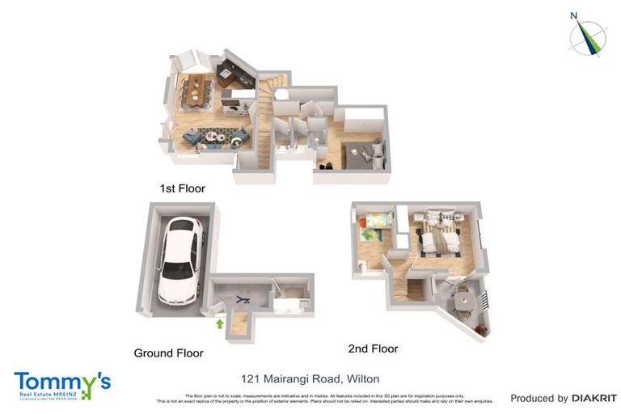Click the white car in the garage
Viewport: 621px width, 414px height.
(180, 260)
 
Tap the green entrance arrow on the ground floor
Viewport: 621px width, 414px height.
(218, 324)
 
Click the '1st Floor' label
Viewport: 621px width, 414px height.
(182, 188)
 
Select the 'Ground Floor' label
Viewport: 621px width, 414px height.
(168, 353)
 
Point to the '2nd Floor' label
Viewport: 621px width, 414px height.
(373, 349)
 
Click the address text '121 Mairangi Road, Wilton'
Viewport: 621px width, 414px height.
(310, 378)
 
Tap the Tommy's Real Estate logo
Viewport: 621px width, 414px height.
(61, 384)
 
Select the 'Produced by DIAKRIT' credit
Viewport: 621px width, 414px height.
(563, 398)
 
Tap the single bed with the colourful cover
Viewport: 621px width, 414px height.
(375, 219)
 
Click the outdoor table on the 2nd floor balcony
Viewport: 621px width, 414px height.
(463, 300)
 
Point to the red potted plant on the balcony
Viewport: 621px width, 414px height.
(481, 329)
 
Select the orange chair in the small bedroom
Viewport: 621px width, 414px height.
(362, 224)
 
